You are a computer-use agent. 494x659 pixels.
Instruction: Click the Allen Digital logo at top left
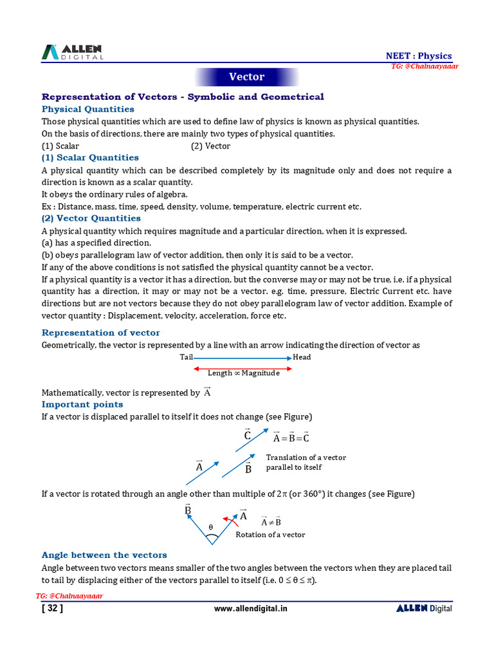coord(72,53)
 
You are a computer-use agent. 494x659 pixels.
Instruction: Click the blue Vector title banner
coord(247,77)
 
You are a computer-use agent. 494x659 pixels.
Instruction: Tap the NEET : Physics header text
coord(418,56)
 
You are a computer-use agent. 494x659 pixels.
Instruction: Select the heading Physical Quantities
coord(87,109)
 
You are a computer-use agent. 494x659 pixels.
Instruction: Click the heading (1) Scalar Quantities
coord(90,158)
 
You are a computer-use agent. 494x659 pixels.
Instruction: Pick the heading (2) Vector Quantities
coord(91,219)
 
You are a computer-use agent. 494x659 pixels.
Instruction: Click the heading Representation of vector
coord(100,333)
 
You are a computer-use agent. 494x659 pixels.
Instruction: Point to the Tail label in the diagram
coord(186,357)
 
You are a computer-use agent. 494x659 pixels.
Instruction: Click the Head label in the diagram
coord(302,357)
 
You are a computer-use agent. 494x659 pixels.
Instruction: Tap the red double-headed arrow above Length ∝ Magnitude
coord(242,368)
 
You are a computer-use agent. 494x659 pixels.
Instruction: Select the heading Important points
coord(82,405)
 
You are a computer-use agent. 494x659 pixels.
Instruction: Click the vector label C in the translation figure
coord(248,435)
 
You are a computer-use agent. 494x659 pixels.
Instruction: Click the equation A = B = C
coord(291,438)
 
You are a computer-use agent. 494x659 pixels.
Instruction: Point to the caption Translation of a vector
coord(306,458)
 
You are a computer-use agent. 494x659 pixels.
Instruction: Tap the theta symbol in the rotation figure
coord(210,528)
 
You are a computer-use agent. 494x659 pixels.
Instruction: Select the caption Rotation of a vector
coord(270,535)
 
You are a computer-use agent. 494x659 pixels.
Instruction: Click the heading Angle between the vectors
coord(104,555)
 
